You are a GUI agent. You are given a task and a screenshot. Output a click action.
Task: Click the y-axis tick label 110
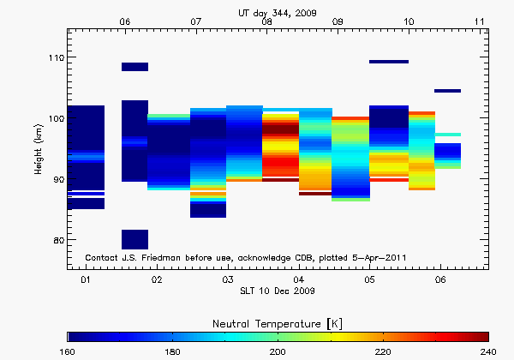coord(54,57)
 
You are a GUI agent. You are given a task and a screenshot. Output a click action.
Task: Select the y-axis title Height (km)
coord(39,151)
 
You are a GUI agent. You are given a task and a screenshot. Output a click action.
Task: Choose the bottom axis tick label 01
coord(86,280)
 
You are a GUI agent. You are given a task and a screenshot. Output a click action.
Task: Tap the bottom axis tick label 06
coord(439,280)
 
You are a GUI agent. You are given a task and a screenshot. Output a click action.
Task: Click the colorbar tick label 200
coord(278,351)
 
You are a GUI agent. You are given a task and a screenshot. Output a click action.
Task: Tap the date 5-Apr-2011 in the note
coord(378,257)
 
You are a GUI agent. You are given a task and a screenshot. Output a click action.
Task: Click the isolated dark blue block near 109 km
coord(134,67)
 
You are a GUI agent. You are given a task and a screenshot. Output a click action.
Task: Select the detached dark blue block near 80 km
coord(134,239)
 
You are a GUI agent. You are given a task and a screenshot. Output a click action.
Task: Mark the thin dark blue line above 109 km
coord(388,62)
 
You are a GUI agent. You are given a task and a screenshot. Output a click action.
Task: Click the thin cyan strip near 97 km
coord(447,135)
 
